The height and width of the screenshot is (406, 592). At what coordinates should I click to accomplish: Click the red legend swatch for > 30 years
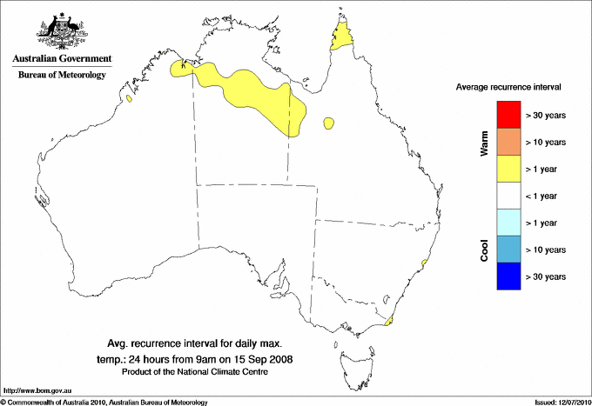tap(508, 115)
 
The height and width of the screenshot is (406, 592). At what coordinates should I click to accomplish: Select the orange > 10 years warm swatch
tap(508, 142)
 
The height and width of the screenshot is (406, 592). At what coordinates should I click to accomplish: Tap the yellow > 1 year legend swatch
tap(508, 169)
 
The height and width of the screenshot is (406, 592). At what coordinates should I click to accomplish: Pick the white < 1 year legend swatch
tap(508, 196)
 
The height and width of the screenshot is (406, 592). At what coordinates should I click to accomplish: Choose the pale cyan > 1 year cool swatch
tap(508, 223)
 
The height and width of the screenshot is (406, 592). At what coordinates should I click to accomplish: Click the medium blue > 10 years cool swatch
tap(508, 250)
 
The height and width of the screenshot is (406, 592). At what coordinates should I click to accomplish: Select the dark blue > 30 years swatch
tap(508, 276)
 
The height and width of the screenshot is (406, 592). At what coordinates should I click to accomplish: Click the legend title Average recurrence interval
tap(508, 88)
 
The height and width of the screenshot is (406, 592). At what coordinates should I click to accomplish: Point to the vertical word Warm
tap(484, 143)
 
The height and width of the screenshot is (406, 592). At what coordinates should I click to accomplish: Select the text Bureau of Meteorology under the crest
tap(62, 76)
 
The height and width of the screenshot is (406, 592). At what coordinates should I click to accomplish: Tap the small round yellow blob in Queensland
tap(329, 123)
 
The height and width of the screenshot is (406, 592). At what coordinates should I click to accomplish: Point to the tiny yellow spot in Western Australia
tap(129, 98)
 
